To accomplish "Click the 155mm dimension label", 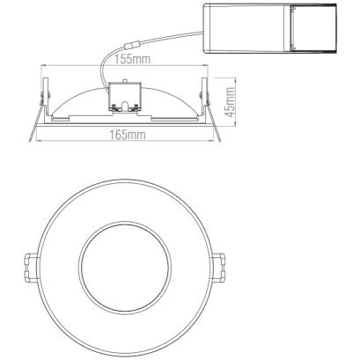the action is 132,60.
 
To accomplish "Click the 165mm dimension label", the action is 128,135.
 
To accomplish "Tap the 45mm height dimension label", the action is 231,102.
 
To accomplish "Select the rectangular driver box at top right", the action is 270,28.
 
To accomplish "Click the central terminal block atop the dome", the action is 125,96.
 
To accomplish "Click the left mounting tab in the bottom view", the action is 31,268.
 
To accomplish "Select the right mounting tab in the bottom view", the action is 218,268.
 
